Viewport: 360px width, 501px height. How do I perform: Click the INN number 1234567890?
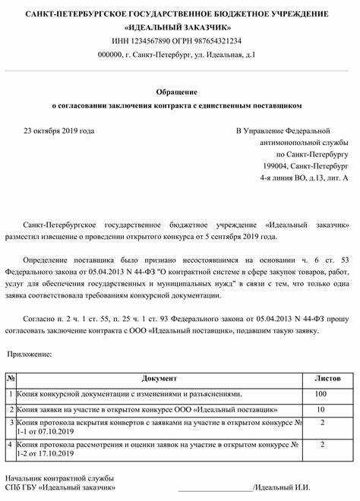[150, 40]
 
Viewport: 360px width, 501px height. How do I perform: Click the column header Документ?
[159, 377]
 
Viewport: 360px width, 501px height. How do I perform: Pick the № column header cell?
[10, 377]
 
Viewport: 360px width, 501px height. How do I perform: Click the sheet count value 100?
[322, 394]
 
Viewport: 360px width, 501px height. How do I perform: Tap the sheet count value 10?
[322, 409]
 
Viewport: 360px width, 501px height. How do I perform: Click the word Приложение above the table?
[30, 354]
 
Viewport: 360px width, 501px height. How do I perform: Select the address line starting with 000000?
[180, 55]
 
